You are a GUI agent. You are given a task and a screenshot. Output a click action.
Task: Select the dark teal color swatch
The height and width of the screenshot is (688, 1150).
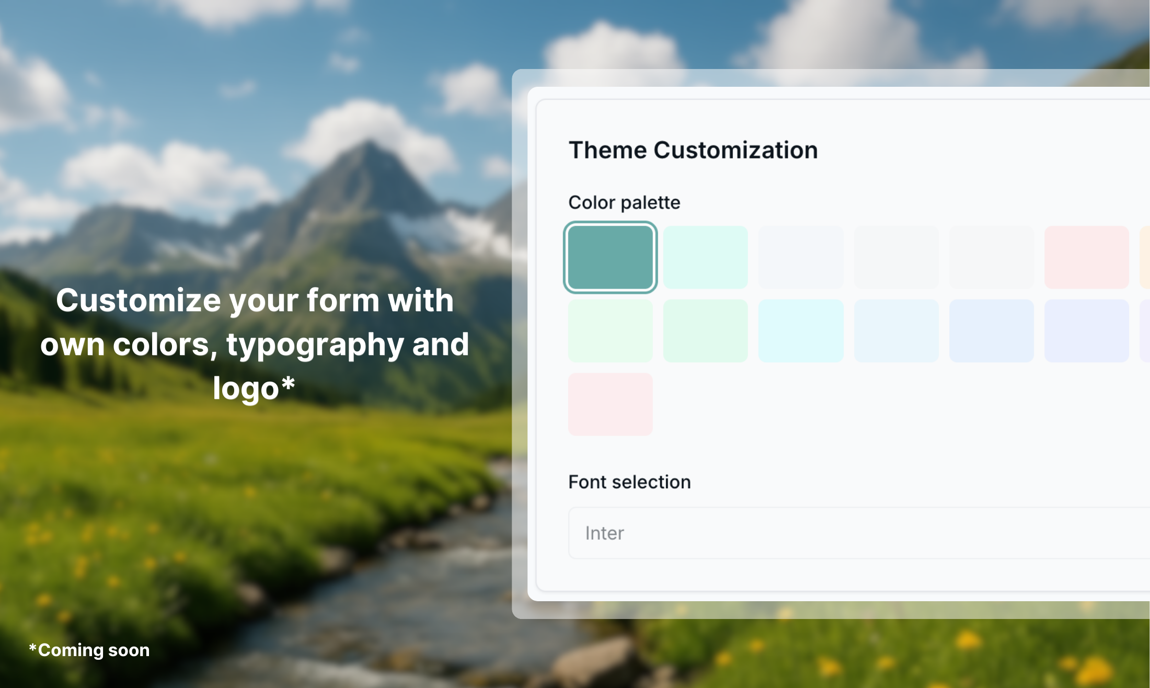[x=610, y=257]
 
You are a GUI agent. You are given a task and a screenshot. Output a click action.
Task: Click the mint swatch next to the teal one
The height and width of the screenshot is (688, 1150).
[x=705, y=257]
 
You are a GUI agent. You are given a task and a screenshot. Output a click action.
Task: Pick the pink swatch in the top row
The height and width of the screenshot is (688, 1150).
[x=1086, y=257]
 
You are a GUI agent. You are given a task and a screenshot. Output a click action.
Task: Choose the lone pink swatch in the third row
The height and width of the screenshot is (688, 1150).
[x=610, y=404]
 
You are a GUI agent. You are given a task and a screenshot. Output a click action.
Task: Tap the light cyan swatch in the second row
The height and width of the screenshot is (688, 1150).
[x=800, y=330]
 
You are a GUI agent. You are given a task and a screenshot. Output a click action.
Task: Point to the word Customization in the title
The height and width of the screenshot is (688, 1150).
[x=735, y=151]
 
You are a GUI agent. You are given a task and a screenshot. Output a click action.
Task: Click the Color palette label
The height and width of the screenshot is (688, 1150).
[x=624, y=203]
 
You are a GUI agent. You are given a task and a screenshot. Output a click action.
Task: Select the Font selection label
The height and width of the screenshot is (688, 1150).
[x=629, y=482]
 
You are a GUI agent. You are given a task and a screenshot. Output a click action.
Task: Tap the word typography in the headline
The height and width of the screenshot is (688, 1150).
[x=315, y=346]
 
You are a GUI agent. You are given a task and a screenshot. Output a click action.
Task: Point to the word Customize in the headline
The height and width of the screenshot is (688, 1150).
[x=139, y=301]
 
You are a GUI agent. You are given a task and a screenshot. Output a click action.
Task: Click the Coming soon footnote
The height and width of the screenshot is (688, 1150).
[x=89, y=650]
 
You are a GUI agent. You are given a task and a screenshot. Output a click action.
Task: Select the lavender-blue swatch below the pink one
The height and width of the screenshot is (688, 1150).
[x=1086, y=330]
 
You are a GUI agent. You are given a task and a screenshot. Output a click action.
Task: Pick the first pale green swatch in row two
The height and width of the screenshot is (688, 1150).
[x=610, y=330]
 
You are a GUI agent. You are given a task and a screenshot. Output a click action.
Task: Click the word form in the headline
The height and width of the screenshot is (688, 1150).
[x=342, y=301]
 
